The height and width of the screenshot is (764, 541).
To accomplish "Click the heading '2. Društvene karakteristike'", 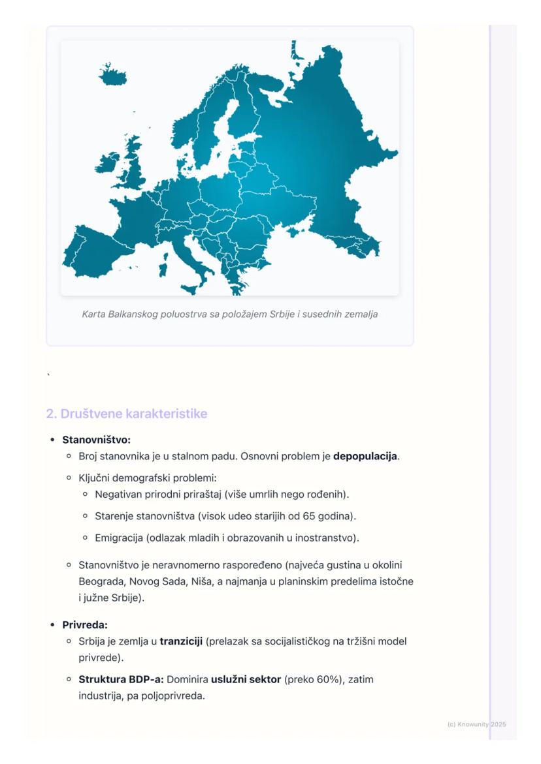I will tap(127, 414).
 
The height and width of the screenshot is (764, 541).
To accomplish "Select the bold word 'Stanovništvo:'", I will tap(96, 440).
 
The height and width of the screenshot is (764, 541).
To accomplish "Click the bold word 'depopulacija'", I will tap(365, 456).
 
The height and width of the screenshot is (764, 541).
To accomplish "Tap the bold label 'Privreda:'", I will tap(85, 624).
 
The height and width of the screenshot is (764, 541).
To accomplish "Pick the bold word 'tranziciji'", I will tap(181, 641).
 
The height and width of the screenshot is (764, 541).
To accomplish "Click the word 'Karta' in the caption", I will tap(94, 314).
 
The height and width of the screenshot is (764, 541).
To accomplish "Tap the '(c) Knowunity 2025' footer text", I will tap(476, 724).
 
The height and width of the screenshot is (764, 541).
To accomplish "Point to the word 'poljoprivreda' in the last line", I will tap(174, 695).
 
